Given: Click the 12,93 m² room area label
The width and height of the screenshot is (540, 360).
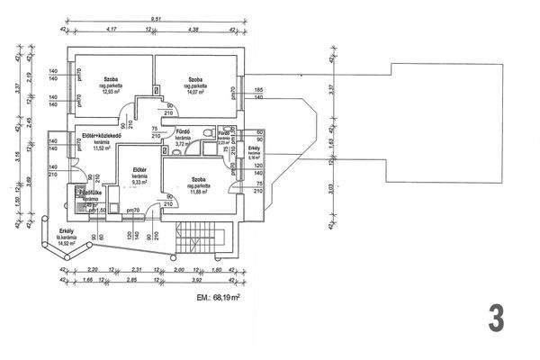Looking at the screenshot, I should pos(112,91).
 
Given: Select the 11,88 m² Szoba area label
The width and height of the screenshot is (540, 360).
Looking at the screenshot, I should pos(197,187).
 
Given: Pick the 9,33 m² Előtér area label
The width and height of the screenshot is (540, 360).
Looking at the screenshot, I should pos(139,182).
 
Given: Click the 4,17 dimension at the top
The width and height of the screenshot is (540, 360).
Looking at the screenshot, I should pos(112,29).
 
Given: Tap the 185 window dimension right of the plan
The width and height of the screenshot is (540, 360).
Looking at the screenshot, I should pos(259,91).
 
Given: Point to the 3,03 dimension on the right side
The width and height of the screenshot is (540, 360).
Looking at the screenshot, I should pos(332,190).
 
